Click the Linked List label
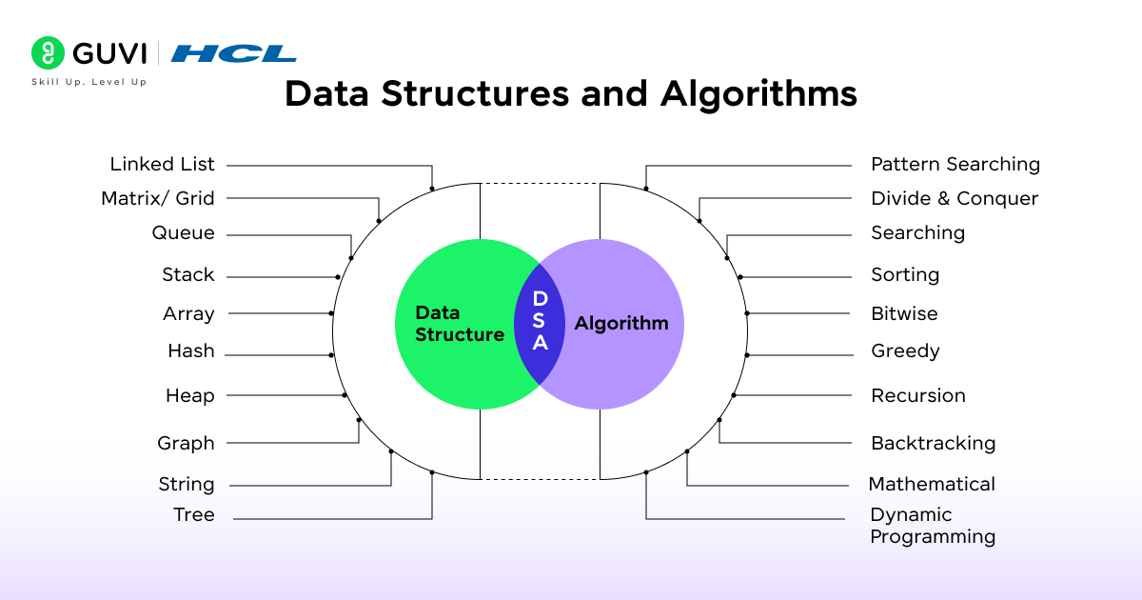pyautogui.click(x=163, y=165)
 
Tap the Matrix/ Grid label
pyautogui.click(x=158, y=199)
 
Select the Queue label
pyautogui.click(x=184, y=233)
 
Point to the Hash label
pyautogui.click(x=191, y=352)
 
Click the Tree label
pyautogui.click(x=194, y=515)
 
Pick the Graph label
pyautogui.click(x=187, y=443)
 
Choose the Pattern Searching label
pyautogui.click(x=955, y=165)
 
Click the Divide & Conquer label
pyautogui.click(x=955, y=199)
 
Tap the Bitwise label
pyautogui.click(x=904, y=313)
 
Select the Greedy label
pyautogui.click(x=905, y=351)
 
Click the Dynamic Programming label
pyautogui.click(x=933, y=526)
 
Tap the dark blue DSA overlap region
pyautogui.click(x=540, y=322)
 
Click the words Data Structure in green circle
pyautogui.click(x=459, y=324)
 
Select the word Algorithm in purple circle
pyautogui.click(x=621, y=324)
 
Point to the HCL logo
pyautogui.click(x=233, y=53)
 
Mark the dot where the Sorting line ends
pyautogui.click(x=740, y=277)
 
